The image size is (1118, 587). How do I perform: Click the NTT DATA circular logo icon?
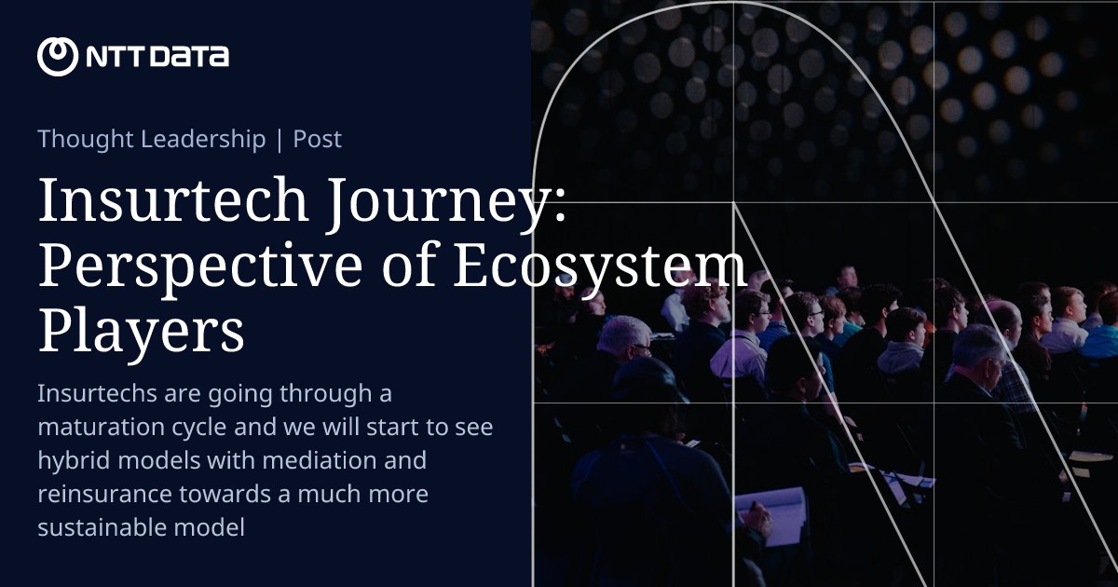click(58, 56)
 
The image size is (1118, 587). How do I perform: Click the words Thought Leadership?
click(152, 140)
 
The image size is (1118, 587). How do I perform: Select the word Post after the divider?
click(318, 140)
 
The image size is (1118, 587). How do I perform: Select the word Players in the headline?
click(141, 331)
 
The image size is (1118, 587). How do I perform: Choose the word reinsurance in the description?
click(102, 494)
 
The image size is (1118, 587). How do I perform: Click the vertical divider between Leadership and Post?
click(279, 140)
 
